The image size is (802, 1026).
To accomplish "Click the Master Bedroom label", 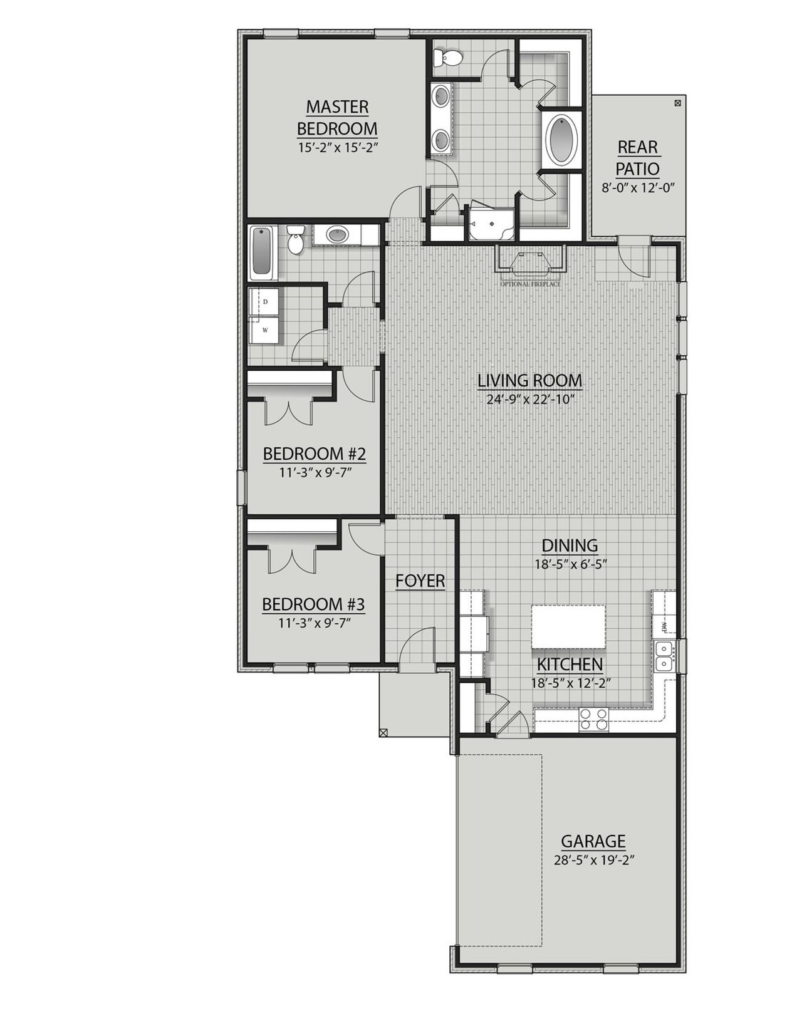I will click(337, 118).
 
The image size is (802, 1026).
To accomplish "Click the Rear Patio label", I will click(637, 158).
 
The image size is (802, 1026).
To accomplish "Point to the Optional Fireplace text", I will click(530, 284).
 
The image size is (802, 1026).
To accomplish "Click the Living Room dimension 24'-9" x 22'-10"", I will click(530, 400).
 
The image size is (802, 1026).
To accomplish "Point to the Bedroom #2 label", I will click(314, 453).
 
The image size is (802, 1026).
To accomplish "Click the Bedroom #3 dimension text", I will click(313, 623).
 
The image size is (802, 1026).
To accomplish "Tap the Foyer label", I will click(420, 581).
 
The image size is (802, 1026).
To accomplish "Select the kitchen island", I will click(569, 626).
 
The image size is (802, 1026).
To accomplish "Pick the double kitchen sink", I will click(663, 655).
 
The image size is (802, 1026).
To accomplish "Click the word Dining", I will click(570, 546).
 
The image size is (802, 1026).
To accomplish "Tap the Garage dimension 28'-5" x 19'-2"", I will click(593, 860).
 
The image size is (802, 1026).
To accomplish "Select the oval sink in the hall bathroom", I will click(337, 236).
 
